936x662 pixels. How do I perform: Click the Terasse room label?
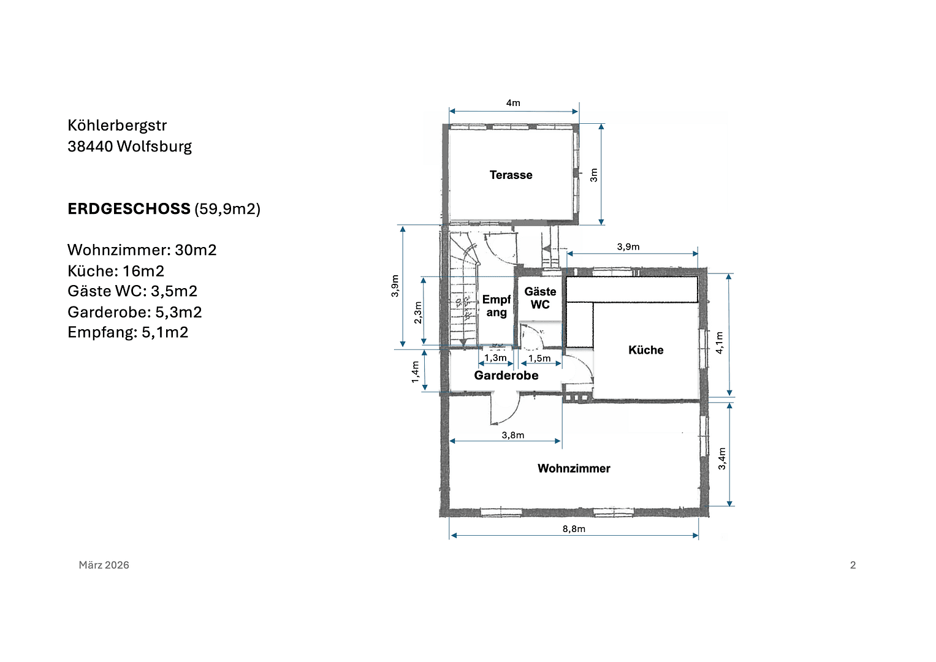[x=511, y=175]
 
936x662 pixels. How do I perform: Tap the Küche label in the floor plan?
[x=645, y=350]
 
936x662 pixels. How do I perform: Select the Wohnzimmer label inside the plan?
[x=574, y=468]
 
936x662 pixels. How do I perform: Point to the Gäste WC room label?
[x=540, y=299]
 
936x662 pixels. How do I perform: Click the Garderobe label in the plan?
[x=506, y=376]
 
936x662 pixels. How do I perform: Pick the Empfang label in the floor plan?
[x=497, y=306]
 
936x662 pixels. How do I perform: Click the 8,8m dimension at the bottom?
[x=574, y=529]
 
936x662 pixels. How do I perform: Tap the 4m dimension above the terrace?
[x=513, y=103]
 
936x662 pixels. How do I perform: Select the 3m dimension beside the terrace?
[x=593, y=175]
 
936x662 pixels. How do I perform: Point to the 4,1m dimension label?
[x=720, y=342]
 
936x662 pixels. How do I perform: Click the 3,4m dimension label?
[x=722, y=458]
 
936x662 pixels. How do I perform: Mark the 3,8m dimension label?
[x=513, y=435]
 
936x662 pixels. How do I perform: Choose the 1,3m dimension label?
[x=495, y=358]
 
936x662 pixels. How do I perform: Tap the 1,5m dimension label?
[x=539, y=359]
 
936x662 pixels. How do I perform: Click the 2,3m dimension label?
[x=418, y=312]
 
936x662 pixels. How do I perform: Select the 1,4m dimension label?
[x=416, y=372]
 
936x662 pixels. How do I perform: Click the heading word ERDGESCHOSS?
[x=129, y=209]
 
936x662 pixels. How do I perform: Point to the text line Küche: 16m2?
[x=116, y=271]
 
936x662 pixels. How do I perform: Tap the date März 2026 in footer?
[x=104, y=565]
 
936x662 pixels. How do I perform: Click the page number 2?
[x=853, y=565]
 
